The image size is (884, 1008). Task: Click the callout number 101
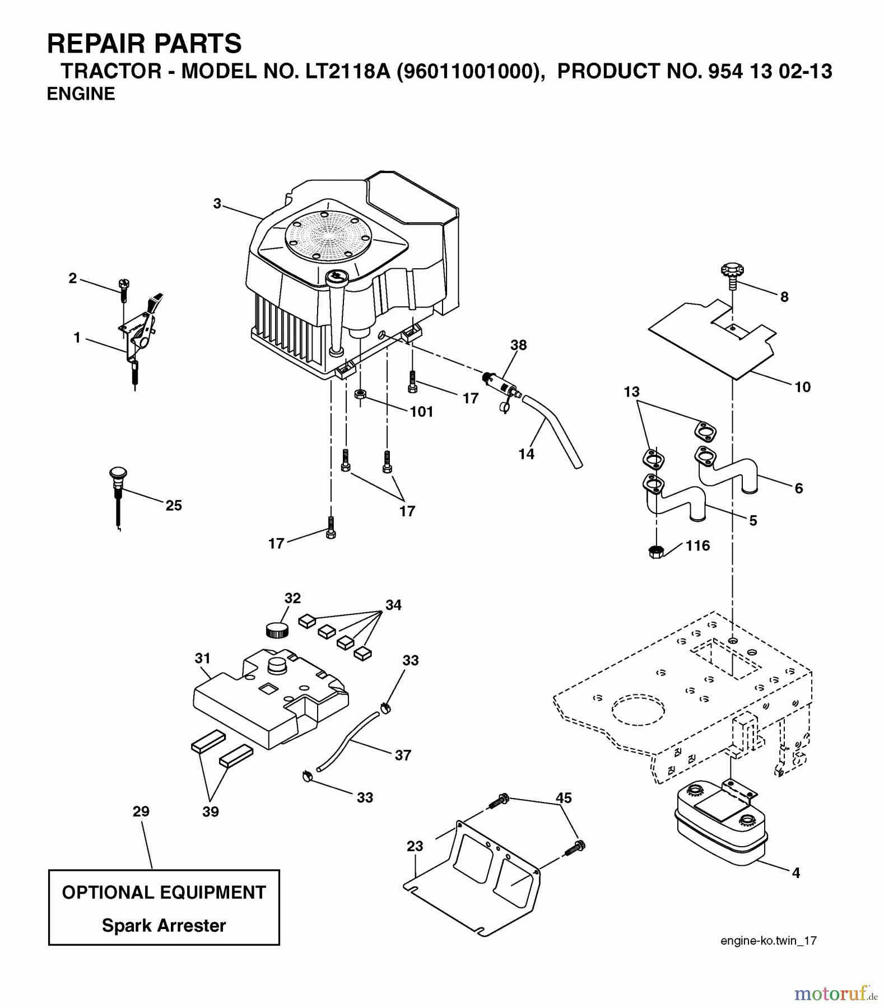click(421, 412)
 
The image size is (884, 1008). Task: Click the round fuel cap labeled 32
click(276, 629)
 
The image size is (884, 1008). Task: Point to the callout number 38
click(518, 345)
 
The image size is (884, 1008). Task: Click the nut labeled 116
click(656, 551)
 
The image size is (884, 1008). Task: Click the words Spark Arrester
click(164, 926)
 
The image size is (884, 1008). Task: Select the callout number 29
click(141, 811)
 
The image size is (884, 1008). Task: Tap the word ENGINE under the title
click(81, 94)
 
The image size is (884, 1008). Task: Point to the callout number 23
click(415, 846)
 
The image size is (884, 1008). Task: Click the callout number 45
click(564, 798)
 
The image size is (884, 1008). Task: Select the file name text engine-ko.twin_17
click(768, 941)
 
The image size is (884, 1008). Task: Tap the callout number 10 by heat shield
click(802, 387)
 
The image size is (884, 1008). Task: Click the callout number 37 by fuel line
click(403, 755)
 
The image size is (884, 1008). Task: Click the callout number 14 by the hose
click(526, 454)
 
